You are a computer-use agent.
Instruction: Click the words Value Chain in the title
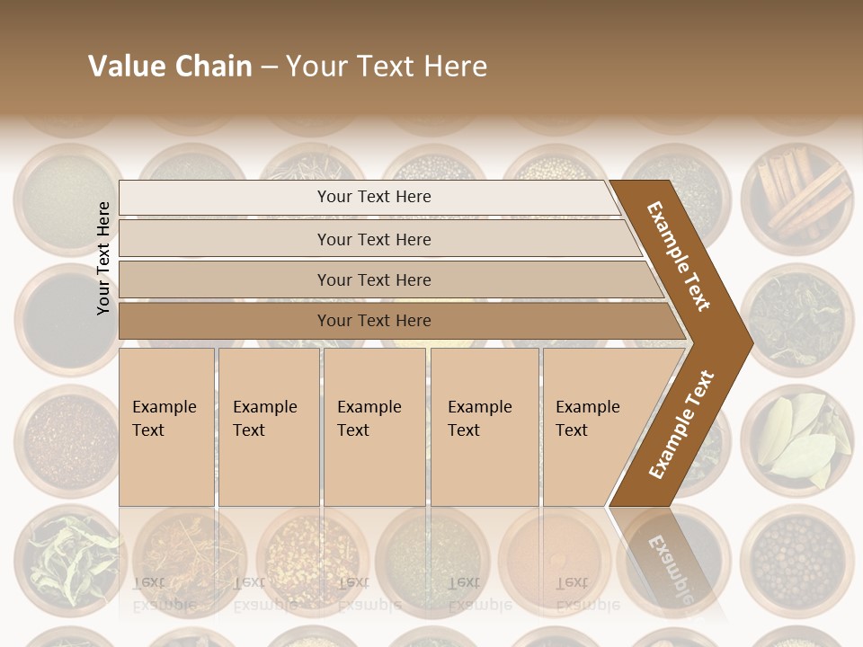170,66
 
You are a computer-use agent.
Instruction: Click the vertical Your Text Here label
103,258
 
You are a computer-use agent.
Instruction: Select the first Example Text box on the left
166,426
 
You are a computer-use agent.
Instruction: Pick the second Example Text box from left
268,426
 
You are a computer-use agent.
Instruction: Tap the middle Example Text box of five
374,426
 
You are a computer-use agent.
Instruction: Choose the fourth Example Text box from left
484,426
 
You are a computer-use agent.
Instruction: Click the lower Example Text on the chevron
681,424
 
